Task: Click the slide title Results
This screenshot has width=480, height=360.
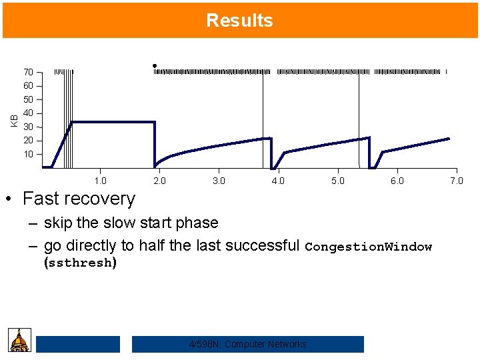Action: pyautogui.click(x=239, y=20)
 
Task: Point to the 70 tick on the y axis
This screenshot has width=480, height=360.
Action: pyautogui.click(x=29, y=72)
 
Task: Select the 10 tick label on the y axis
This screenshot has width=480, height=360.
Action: pyautogui.click(x=29, y=154)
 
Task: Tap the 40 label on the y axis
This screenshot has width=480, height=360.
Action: pyautogui.click(x=29, y=113)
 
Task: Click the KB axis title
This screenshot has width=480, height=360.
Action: pyautogui.click(x=14, y=120)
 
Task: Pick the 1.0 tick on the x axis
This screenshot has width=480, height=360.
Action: pyautogui.click(x=100, y=181)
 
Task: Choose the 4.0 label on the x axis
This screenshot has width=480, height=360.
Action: pyautogui.click(x=278, y=181)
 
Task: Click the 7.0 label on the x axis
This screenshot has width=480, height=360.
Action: pyautogui.click(x=456, y=181)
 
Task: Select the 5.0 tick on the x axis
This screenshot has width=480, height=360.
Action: pyautogui.click(x=337, y=181)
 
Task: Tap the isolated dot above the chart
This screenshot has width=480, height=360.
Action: pyautogui.click(x=154, y=65)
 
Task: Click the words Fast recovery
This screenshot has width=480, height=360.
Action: pyautogui.click(x=79, y=199)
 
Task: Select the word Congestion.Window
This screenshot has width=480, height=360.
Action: pyautogui.click(x=368, y=247)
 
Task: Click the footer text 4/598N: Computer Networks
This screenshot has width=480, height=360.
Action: pyautogui.click(x=247, y=344)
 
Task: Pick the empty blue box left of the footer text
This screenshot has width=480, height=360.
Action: pyautogui.click(x=77, y=344)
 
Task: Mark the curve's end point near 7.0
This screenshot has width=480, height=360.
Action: pyautogui.click(x=449, y=139)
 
